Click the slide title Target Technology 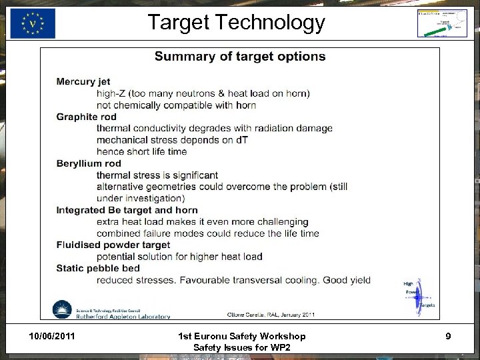236,23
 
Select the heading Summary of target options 240,57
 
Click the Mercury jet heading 85,82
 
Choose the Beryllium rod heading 89,163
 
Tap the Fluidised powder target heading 113,245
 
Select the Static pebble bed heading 98,268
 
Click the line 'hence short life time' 141,151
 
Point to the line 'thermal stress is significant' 157,175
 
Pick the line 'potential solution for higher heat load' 179,257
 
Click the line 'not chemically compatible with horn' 176,105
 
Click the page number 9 448,336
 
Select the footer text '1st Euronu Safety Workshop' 243,336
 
